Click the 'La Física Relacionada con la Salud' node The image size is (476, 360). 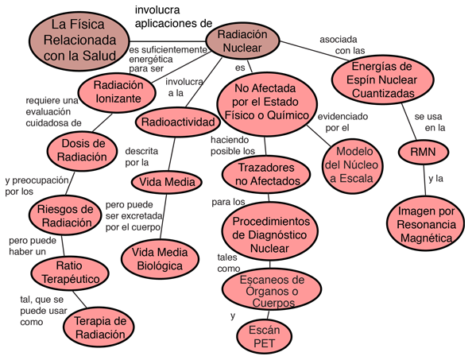click(79, 41)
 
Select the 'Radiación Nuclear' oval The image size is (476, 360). click(242, 41)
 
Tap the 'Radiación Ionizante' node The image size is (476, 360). click(117, 92)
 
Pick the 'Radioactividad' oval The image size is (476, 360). click(177, 122)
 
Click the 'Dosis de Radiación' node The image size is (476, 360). click(82, 150)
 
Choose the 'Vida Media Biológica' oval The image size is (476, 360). click(160, 259)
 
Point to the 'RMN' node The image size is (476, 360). click(424, 152)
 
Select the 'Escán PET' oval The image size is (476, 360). click(264, 337)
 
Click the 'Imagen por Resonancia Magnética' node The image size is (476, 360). click(426, 224)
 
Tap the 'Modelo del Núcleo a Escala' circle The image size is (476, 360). click(351, 165)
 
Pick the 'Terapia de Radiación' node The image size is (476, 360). click(99, 327)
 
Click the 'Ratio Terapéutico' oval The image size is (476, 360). click(70, 273)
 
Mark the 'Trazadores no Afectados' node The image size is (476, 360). click(266, 174)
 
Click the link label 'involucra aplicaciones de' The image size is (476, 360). click(173, 17)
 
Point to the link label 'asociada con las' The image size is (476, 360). click(342, 45)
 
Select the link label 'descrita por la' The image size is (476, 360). click(141, 157)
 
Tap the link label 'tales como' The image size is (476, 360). click(229, 263)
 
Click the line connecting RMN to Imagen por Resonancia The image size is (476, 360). click(424, 180)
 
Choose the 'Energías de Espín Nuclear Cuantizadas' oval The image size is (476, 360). click(382, 79)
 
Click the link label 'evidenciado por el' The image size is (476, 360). click(342, 122)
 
